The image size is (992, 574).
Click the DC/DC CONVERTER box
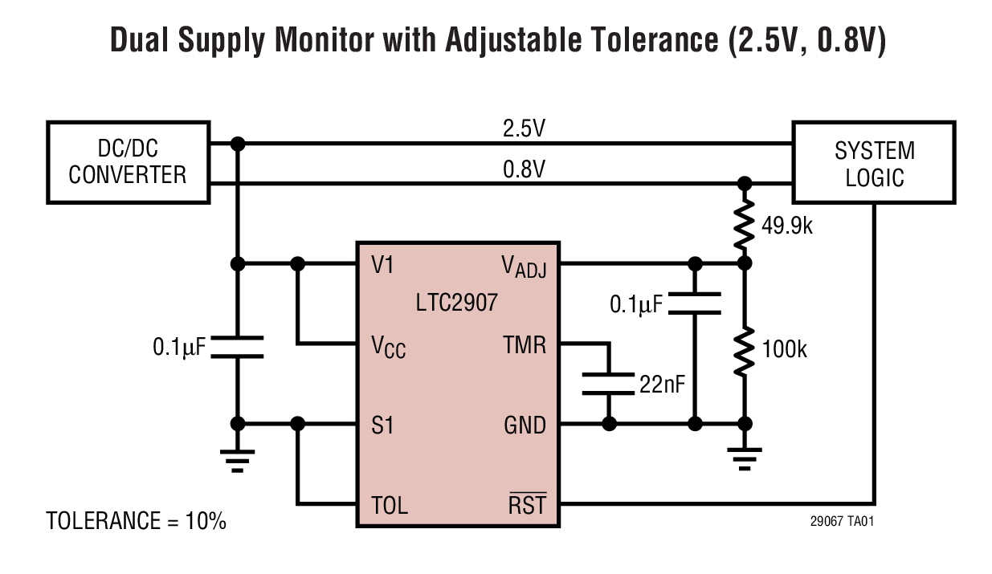pyautogui.click(x=128, y=162)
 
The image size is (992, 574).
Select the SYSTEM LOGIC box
pyautogui.click(x=874, y=162)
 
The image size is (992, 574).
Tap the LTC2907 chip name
pyautogui.click(x=457, y=303)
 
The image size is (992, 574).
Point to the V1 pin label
pyautogui.click(x=383, y=264)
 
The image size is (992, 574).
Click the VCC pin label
pyautogui.click(x=388, y=346)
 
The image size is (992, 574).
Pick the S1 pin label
pyautogui.click(x=382, y=425)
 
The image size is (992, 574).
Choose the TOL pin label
pyautogui.click(x=390, y=505)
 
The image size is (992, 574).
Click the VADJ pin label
pyautogui.click(x=524, y=265)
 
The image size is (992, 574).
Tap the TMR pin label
pyautogui.click(x=525, y=345)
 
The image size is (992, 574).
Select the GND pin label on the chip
pyautogui.click(x=525, y=425)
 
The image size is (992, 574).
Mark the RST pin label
pyautogui.click(x=527, y=505)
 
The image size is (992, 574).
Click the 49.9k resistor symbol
pyautogui.click(x=745, y=225)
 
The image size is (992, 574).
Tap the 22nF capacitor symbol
pyautogui.click(x=608, y=384)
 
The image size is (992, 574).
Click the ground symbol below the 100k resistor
pyautogui.click(x=745, y=458)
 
